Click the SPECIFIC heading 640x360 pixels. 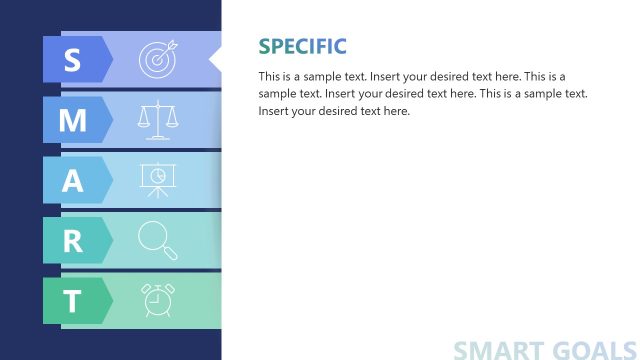(x=302, y=46)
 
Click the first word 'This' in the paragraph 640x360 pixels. (x=270, y=77)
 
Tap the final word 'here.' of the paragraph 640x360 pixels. (x=395, y=111)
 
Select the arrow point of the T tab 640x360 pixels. (x=112, y=300)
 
